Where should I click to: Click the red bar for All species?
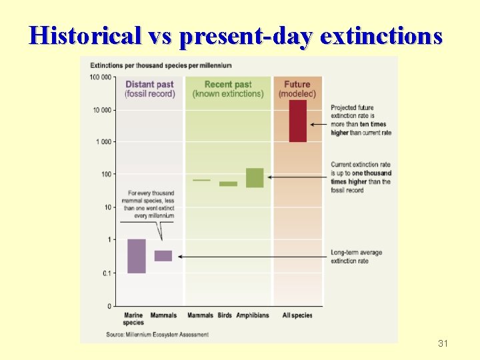[x=297, y=121]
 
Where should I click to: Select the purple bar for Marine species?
[x=137, y=256]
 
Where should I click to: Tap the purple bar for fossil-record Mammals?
[x=163, y=256]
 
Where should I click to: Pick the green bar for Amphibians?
[x=255, y=177]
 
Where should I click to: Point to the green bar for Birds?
[x=228, y=183]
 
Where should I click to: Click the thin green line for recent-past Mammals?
[x=201, y=180]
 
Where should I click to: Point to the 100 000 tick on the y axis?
[x=101, y=77]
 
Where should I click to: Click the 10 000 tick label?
[x=103, y=110]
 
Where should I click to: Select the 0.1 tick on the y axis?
[x=105, y=273]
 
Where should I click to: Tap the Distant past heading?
[x=149, y=85]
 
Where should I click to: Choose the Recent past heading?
[x=228, y=85]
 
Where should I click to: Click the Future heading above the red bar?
[x=297, y=85]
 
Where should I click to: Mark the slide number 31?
[x=443, y=344]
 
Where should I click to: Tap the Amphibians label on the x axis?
[x=253, y=315]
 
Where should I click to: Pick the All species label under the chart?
[x=297, y=315]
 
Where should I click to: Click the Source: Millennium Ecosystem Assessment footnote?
[x=157, y=334]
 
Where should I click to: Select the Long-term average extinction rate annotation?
[x=356, y=257]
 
